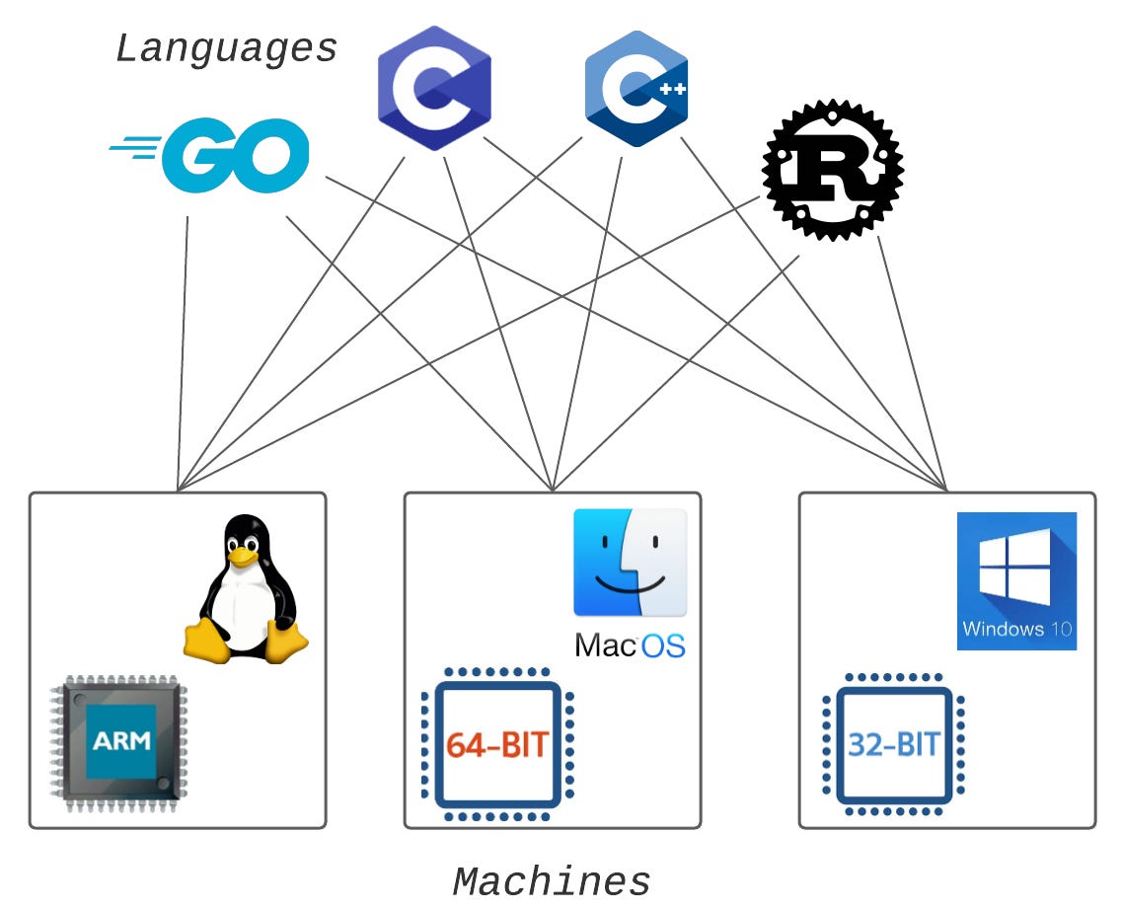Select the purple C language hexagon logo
pos(434,88)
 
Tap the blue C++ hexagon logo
pos(636,89)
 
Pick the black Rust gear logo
pos(833,169)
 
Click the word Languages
pos(227,48)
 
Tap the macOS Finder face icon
pos(630,563)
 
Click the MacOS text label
pos(630,645)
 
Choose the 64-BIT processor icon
pos(497,744)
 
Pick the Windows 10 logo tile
pos(1016,580)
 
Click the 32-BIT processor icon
pos(894,744)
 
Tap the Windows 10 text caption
pos(1017,629)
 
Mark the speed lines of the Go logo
pos(136,149)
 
